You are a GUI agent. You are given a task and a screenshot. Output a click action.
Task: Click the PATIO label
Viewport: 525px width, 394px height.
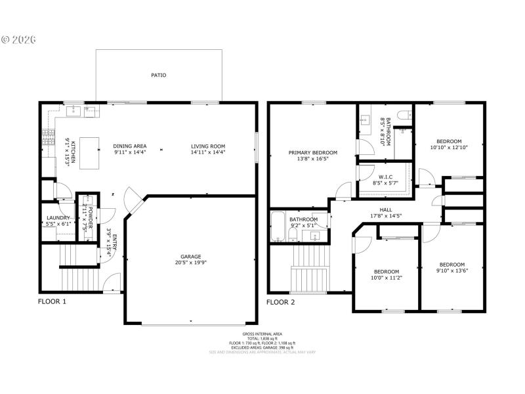(x=158, y=76)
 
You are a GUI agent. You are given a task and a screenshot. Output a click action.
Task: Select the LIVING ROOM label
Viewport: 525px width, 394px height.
(x=208, y=146)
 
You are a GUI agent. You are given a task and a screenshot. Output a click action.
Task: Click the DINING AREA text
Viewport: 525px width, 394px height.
(x=130, y=146)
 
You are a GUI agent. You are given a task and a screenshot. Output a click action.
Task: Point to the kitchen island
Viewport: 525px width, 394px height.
(x=89, y=152)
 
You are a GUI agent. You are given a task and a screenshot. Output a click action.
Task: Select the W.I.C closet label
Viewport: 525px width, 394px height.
(x=385, y=176)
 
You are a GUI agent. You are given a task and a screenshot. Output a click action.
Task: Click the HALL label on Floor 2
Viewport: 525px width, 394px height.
(x=385, y=209)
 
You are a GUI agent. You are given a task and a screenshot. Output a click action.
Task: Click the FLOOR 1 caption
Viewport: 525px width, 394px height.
(x=52, y=302)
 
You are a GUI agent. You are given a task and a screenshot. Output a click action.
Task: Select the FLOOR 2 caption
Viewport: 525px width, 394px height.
(x=280, y=302)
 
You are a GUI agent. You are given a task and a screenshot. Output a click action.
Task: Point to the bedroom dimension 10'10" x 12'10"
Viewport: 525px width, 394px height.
(x=450, y=148)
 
